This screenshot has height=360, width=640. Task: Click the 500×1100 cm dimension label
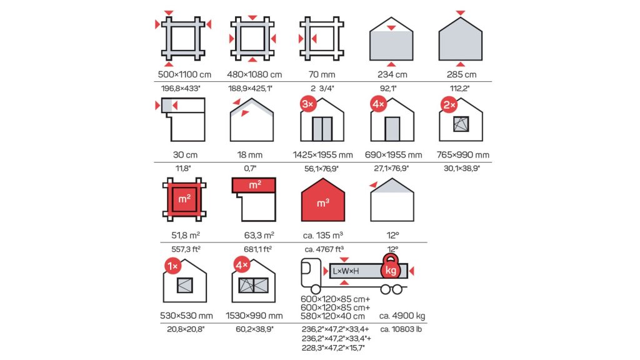(184, 75)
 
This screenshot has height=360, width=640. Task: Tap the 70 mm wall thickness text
(322, 75)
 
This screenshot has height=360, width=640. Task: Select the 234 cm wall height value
(392, 75)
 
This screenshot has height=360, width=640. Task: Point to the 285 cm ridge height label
(462, 75)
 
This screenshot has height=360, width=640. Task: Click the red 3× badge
(307, 104)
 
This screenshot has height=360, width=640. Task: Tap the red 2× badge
(449, 105)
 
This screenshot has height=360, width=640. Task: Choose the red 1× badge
(172, 266)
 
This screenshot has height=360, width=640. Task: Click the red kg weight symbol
(391, 267)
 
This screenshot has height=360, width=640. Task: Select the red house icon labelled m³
(323, 200)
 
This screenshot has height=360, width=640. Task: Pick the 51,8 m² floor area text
(186, 236)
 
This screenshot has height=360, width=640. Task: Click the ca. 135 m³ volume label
(323, 236)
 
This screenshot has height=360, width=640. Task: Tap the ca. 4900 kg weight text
(402, 316)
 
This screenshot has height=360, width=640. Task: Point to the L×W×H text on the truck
(346, 271)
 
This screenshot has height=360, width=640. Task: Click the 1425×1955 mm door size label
(323, 155)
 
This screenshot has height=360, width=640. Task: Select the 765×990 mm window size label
(463, 155)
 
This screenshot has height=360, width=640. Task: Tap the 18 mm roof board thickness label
(250, 155)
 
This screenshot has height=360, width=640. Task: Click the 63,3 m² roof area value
(259, 236)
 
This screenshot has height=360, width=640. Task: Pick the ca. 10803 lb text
(401, 329)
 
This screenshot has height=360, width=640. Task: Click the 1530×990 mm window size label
(254, 316)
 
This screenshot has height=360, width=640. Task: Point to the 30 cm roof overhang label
(185, 155)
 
